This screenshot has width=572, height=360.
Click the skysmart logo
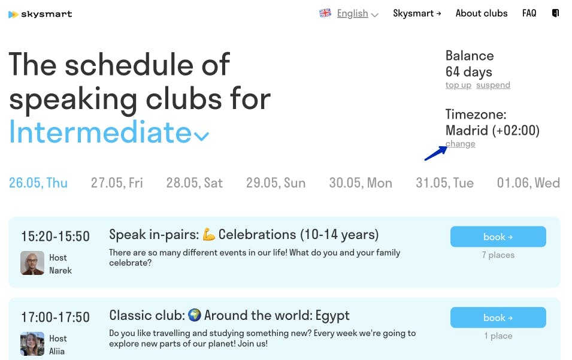click(x=40, y=14)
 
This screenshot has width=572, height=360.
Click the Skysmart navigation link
click(x=417, y=14)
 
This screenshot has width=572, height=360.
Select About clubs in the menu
click(x=482, y=14)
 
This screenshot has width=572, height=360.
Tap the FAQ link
click(x=529, y=14)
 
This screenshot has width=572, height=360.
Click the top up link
click(x=458, y=85)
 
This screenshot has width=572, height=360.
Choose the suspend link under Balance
click(x=493, y=85)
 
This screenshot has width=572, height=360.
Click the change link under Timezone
click(x=461, y=144)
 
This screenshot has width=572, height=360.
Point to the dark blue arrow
click(x=435, y=153)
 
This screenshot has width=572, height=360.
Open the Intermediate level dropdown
click(x=108, y=132)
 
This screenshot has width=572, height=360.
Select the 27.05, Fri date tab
click(x=117, y=183)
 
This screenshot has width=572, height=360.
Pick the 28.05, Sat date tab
click(x=195, y=183)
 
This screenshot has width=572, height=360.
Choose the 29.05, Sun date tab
click(x=276, y=183)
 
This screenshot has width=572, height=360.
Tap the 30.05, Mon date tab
click(x=361, y=183)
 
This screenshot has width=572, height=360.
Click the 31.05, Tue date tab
click(x=444, y=183)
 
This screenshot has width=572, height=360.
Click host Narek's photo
click(x=32, y=263)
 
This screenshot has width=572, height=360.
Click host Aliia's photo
click(x=32, y=344)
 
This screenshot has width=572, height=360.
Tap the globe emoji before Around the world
click(x=195, y=314)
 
